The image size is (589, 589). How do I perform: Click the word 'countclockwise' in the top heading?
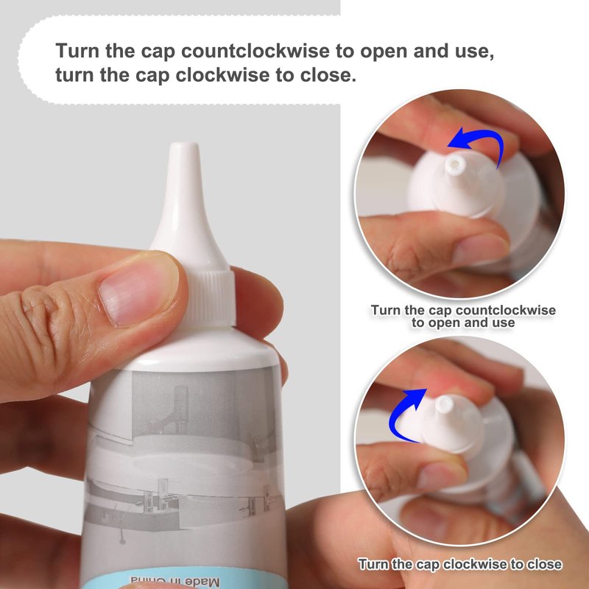click(x=255, y=50)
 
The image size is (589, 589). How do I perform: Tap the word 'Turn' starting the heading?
click(x=78, y=50)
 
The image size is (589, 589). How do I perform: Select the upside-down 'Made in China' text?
click(x=175, y=581)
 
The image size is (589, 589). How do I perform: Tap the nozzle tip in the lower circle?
click(x=444, y=403)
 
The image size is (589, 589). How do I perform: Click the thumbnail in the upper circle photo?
click(x=480, y=248)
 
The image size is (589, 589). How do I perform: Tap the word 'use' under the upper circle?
click(x=503, y=322)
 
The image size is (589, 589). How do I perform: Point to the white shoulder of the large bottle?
click(x=199, y=349)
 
